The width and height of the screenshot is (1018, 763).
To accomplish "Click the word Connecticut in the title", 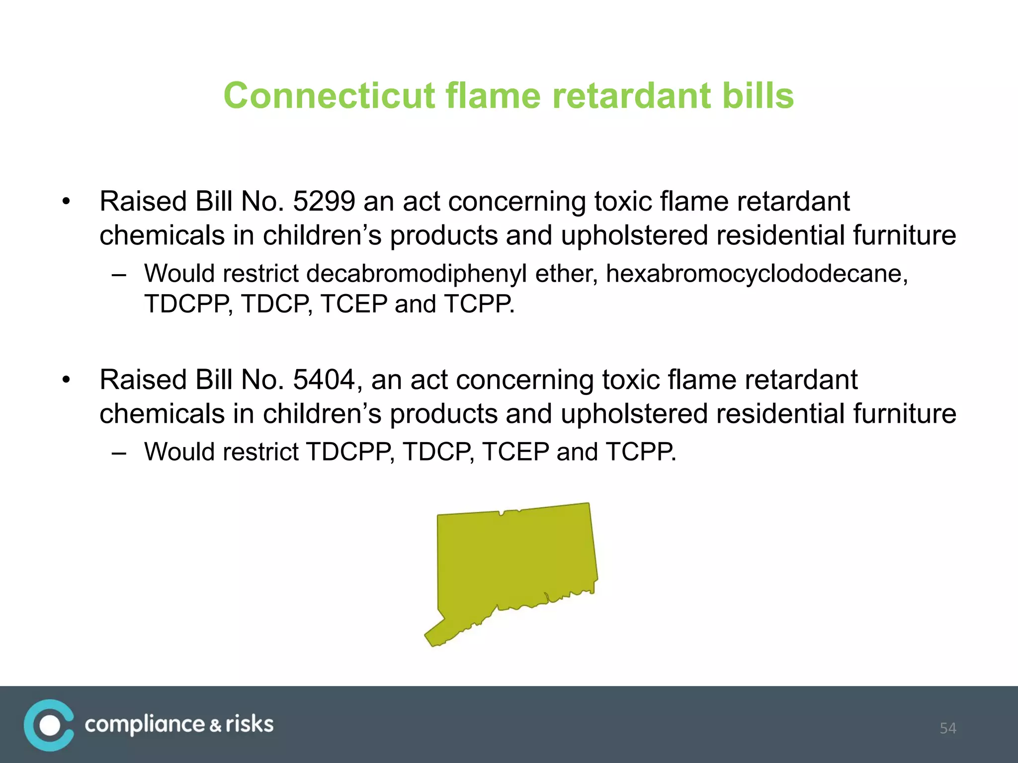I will (x=329, y=95).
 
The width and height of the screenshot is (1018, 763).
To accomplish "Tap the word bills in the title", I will (x=758, y=95).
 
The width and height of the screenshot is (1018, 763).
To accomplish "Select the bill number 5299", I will (x=324, y=201).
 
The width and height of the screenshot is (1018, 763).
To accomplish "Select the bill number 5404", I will (x=324, y=380).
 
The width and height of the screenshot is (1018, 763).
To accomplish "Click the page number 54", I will (x=947, y=728).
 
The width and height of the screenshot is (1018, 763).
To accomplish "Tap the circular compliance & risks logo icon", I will (x=49, y=725).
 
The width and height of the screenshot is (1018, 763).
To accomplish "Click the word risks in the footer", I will (x=250, y=725).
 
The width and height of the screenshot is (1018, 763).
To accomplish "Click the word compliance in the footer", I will (x=144, y=725).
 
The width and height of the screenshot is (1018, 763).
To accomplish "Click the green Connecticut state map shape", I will (x=517, y=561).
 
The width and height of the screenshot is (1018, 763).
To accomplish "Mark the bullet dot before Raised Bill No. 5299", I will (x=66, y=202).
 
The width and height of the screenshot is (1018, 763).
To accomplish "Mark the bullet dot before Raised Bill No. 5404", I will (x=66, y=381).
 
